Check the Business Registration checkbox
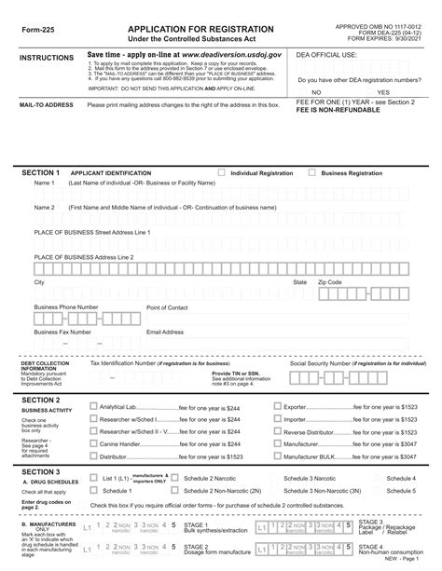point(311,173)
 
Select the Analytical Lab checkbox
point(92,406)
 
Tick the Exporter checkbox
point(276,406)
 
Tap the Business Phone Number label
point(66,306)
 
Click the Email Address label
point(165,332)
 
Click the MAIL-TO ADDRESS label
point(47,105)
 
